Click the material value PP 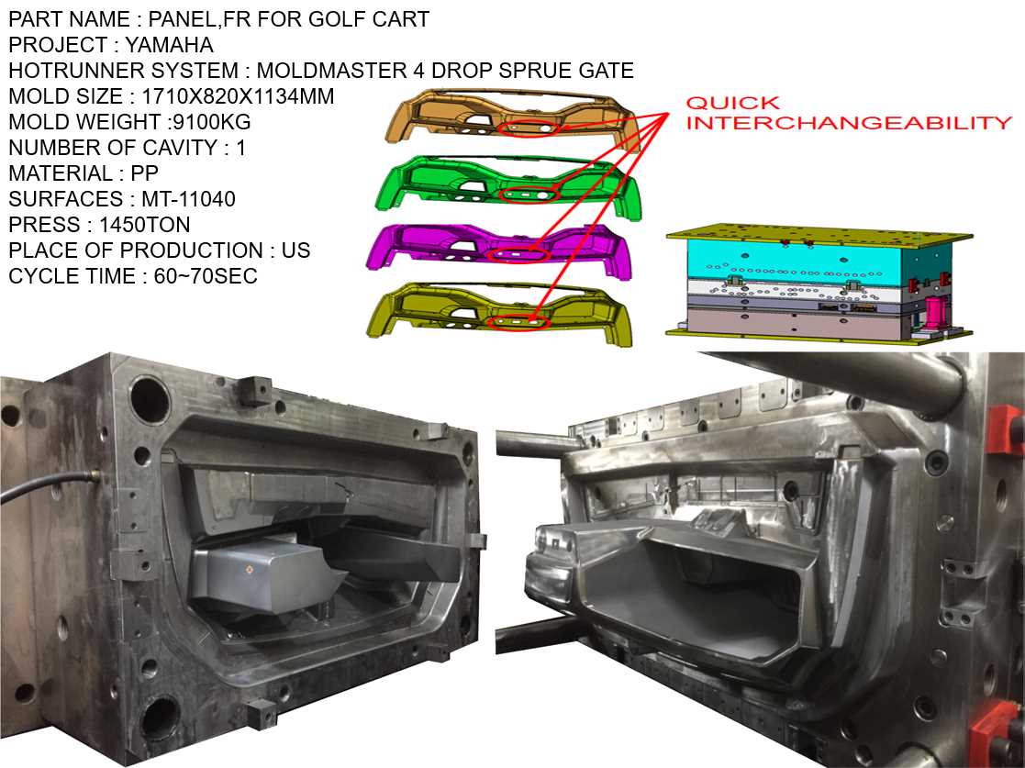[145, 173]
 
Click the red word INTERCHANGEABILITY [848, 123]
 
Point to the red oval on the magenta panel [519, 254]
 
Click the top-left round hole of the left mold [149, 397]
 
